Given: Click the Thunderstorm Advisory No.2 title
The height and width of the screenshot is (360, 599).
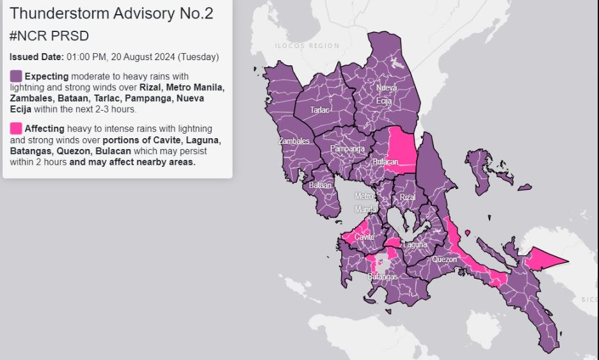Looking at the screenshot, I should point(112,13).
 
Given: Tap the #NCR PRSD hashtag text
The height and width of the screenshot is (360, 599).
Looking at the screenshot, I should point(49,36).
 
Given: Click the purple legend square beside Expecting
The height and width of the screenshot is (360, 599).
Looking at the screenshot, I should point(16,76).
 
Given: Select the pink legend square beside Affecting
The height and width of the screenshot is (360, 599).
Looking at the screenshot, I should point(16,128).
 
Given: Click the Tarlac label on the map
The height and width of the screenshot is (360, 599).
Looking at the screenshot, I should point(319,110).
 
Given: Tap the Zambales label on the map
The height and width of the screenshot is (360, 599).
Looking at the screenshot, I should point(294,141).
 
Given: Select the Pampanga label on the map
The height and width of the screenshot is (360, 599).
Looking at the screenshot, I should point(347,149).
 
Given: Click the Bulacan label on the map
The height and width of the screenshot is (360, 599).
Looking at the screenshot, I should point(385,162).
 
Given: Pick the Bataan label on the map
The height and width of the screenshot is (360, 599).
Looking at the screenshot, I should point(321,185).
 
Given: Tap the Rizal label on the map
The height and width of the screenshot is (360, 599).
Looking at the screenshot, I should point(408,198).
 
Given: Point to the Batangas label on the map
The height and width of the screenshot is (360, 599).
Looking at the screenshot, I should point(382,277).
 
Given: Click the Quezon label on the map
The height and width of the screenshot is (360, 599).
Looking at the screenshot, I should point(444,260).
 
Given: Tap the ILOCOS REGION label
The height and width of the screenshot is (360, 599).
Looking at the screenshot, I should point(307,46).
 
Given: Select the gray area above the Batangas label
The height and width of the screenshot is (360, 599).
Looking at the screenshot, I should point(383,262).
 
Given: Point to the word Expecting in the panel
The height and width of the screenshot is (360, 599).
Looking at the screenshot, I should point(46,76).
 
